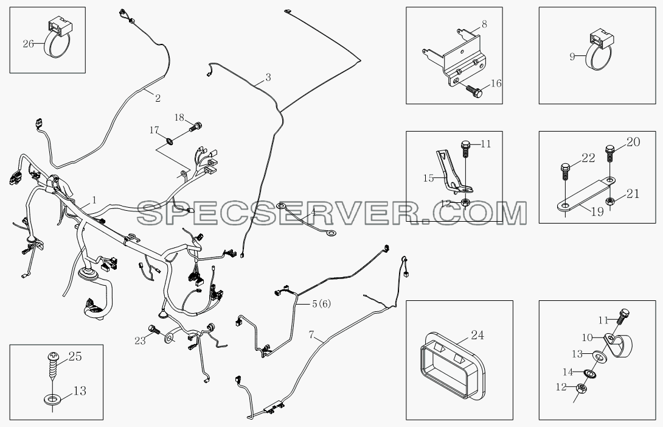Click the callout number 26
[28, 43]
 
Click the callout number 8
[484, 24]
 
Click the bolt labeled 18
[196, 125]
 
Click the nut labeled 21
[609, 201]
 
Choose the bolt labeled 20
[609, 154]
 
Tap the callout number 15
[428, 178]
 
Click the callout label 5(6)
[321, 303]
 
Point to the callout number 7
[311, 335]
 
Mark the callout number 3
[268, 77]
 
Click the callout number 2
[158, 98]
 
